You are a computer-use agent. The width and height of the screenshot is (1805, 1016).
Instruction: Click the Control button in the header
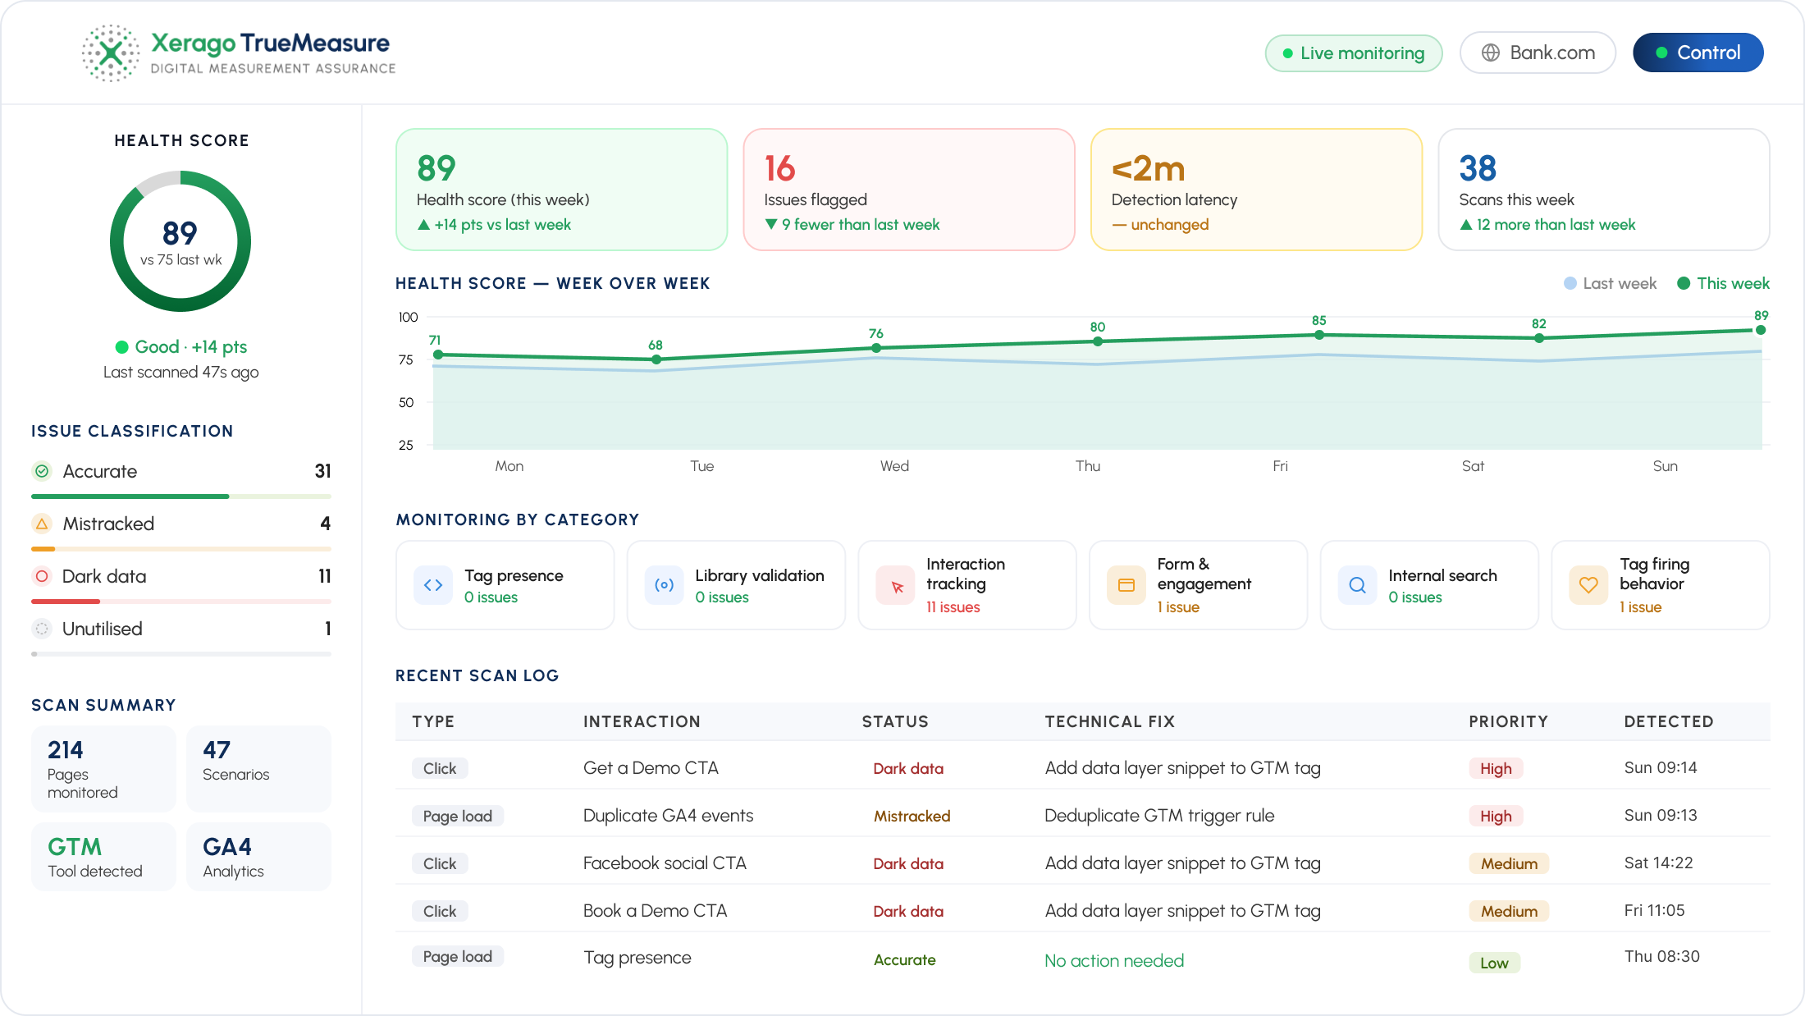coord(1698,53)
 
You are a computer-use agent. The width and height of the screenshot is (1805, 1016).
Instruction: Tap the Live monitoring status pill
coord(1354,53)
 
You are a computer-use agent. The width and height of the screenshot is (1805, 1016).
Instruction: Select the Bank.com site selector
coord(1538,53)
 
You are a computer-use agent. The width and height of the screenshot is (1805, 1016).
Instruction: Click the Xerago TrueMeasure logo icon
coord(111,53)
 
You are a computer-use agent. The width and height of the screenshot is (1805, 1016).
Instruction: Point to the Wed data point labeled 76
coord(876,348)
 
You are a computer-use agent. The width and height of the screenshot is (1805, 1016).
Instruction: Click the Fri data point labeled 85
coord(1319,335)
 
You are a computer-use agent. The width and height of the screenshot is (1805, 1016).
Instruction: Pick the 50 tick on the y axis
coord(406,402)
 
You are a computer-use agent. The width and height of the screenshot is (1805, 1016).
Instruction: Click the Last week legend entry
coord(1610,283)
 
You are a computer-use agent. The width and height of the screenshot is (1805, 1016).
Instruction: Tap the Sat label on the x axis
coord(1473,466)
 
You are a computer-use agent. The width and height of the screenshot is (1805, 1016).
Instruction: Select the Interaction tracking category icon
coord(895,585)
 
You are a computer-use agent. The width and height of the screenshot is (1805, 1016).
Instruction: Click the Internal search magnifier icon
coord(1358,585)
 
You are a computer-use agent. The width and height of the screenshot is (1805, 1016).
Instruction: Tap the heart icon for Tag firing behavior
coord(1588,585)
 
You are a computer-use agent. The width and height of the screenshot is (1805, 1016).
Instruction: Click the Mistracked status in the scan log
coord(912,816)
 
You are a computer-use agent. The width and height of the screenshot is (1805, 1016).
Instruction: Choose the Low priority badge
coord(1494,963)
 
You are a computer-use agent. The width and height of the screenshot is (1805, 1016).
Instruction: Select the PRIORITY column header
coord(1508,721)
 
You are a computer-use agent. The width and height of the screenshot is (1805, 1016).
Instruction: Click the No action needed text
coord(1114,960)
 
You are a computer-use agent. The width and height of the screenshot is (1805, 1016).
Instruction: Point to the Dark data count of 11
coord(325,576)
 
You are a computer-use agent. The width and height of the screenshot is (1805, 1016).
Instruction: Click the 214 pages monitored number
coord(66,749)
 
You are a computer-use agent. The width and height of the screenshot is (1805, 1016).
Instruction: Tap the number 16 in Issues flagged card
coord(779,168)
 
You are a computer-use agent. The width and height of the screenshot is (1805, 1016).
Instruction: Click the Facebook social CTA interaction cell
coord(665,863)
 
